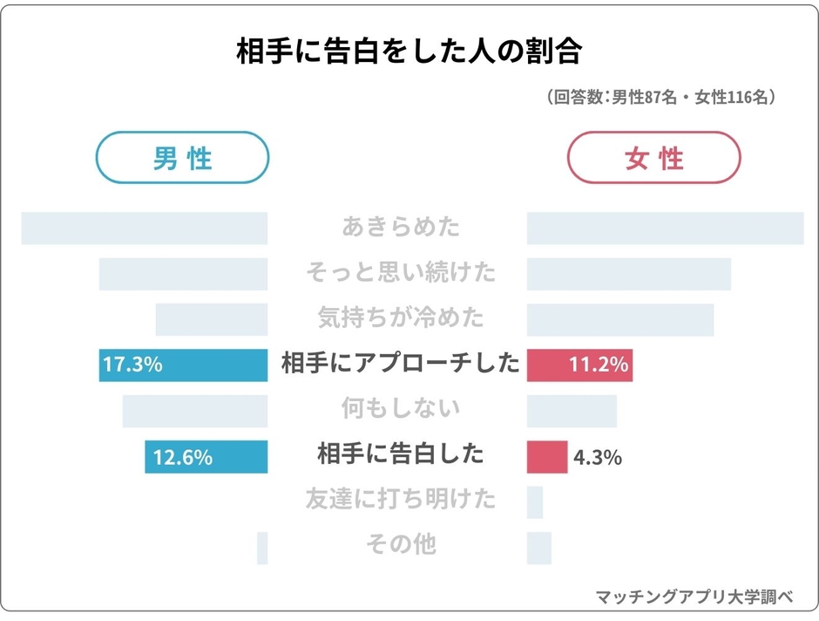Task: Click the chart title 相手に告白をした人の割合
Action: click(x=409, y=51)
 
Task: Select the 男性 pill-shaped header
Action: click(x=182, y=158)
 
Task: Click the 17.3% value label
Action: click(x=132, y=365)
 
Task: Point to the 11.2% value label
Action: click(x=599, y=365)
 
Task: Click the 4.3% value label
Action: click(x=597, y=457)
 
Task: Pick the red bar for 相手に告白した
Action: click(x=547, y=457)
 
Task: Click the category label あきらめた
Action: click(x=401, y=228)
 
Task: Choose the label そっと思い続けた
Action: click(x=401, y=273)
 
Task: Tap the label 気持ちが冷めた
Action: click(x=401, y=319)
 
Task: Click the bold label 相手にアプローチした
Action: click(x=400, y=365)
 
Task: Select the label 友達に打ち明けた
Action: click(x=401, y=501)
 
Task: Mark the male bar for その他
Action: click(x=262, y=548)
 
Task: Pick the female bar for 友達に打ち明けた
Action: click(x=535, y=502)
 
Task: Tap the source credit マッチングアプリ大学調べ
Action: click(x=694, y=598)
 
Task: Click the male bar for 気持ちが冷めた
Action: click(x=212, y=319)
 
